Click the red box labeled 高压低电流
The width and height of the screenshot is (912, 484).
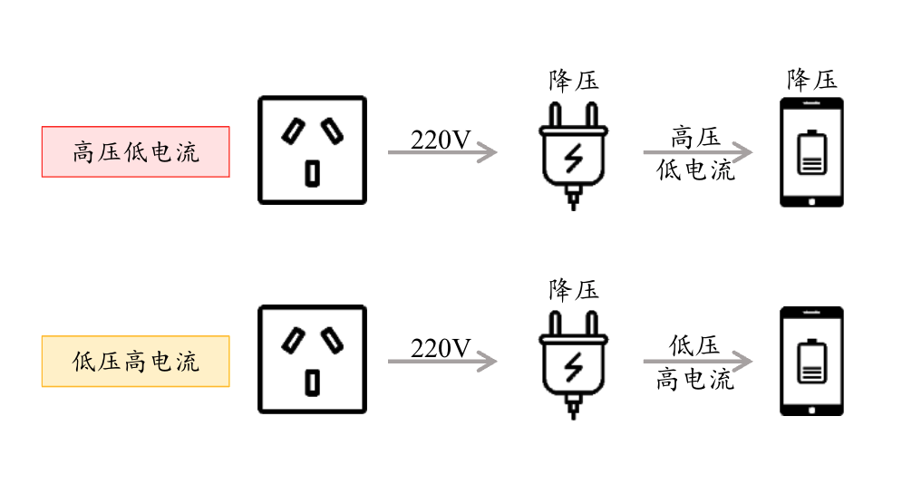(136, 152)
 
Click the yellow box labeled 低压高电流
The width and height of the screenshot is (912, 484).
(136, 362)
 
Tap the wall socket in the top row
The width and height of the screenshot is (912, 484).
(313, 150)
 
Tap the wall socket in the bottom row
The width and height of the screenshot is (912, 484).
(313, 360)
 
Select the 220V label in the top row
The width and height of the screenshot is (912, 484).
(441, 140)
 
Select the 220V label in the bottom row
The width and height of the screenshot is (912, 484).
(441, 349)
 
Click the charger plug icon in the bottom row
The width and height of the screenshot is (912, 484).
(573, 363)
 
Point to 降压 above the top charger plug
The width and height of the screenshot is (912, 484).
(574, 82)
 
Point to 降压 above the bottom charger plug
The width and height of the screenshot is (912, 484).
(574, 290)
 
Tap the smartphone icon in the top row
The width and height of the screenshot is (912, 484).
(811, 152)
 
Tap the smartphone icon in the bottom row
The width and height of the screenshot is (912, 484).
(811, 362)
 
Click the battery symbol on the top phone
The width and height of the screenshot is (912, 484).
(811, 153)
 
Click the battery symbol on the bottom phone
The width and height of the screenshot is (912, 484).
(811, 362)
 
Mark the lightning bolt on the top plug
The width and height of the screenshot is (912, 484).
(574, 159)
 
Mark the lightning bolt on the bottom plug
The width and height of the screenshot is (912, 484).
(574, 367)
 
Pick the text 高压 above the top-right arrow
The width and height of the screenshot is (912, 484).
(695, 138)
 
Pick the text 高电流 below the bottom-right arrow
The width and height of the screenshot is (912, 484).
(695, 379)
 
